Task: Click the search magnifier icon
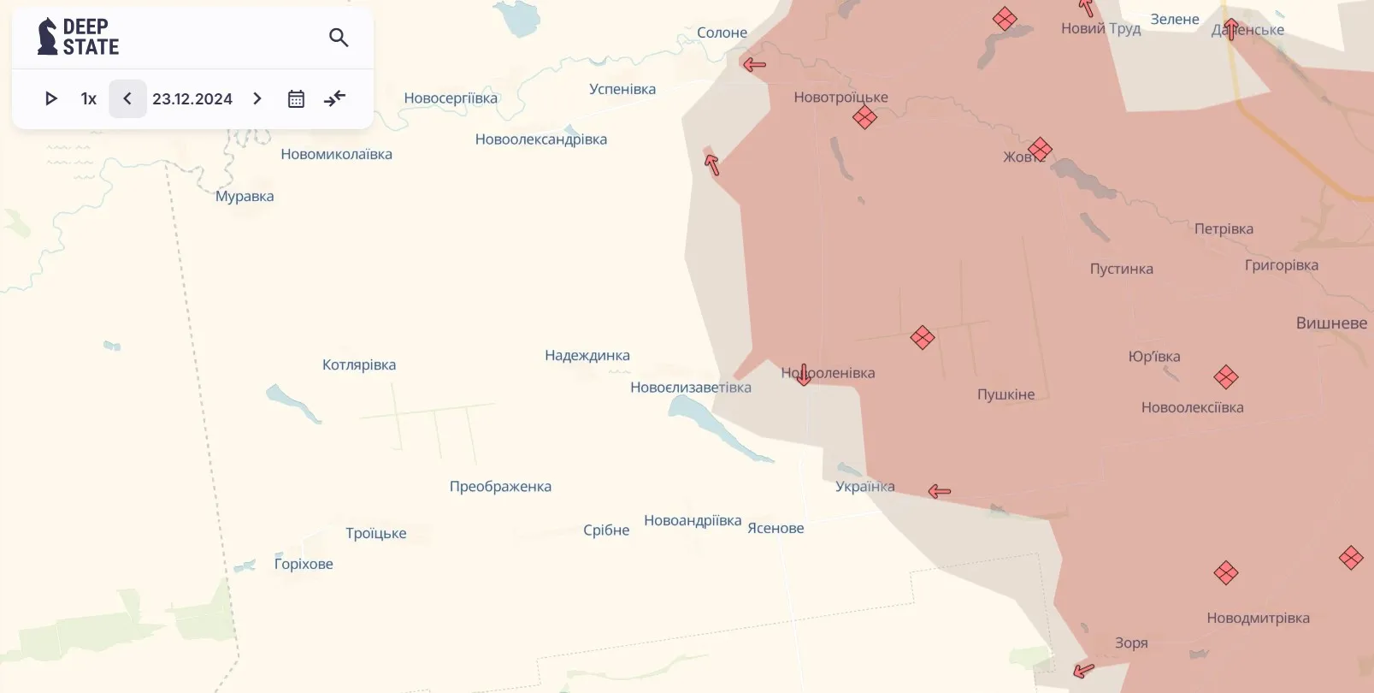click(339, 38)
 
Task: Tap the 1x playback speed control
click(89, 98)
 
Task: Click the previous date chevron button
click(127, 98)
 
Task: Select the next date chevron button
click(257, 98)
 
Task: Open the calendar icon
click(296, 98)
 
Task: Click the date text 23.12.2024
click(192, 98)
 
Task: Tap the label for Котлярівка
click(359, 364)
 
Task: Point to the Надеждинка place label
click(587, 355)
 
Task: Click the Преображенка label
click(500, 486)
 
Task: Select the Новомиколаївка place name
click(336, 154)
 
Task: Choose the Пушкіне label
click(1005, 394)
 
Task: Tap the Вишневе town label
click(1331, 323)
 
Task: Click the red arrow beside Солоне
click(754, 64)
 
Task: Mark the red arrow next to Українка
click(940, 491)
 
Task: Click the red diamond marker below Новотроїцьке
click(864, 117)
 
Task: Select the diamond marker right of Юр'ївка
click(1226, 376)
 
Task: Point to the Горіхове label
click(304, 564)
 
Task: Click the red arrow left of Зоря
click(1083, 670)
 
